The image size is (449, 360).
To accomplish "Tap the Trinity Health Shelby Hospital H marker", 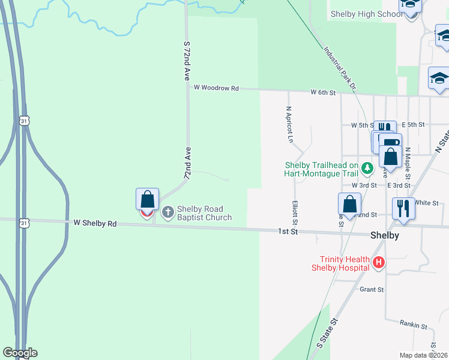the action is coord(378,262).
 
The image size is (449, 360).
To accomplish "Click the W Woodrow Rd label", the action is coord(215,88).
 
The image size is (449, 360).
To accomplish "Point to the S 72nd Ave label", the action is coord(187,62).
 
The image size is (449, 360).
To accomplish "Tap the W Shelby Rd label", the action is coord(95,223).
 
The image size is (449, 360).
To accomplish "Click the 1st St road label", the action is coord(288,232).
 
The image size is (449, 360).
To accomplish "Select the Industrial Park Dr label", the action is coord(339,69).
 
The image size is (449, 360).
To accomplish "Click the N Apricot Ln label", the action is coord(289,125).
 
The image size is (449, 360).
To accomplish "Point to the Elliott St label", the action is coord(295,212).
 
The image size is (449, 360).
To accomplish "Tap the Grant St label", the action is coord(372,289).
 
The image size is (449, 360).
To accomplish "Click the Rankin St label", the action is coord(413,325).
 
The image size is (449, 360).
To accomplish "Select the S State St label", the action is coord(328,333).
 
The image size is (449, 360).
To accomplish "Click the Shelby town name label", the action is coord(385,235).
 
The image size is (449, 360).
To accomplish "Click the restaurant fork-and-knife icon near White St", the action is coord(403,208).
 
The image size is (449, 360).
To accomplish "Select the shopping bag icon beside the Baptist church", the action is coord(147,199).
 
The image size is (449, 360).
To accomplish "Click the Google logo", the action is coord(20,353).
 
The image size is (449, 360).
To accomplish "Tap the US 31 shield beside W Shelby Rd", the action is coord(23,223).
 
